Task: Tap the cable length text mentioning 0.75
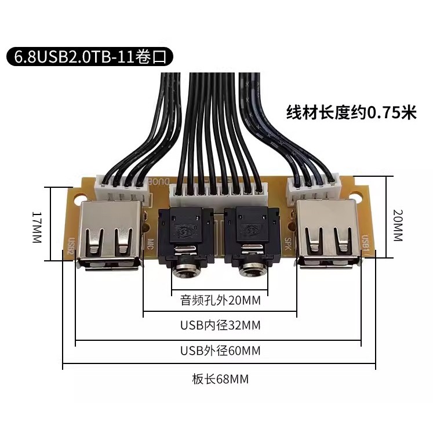(x=351, y=112)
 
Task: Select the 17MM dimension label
(x=37, y=227)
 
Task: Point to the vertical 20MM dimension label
(x=398, y=225)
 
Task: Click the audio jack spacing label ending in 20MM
(x=220, y=300)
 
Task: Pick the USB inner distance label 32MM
(x=220, y=325)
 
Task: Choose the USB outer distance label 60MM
(x=220, y=351)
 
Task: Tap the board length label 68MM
(x=220, y=379)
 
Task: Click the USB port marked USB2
(x=110, y=235)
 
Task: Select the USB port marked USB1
(x=329, y=234)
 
